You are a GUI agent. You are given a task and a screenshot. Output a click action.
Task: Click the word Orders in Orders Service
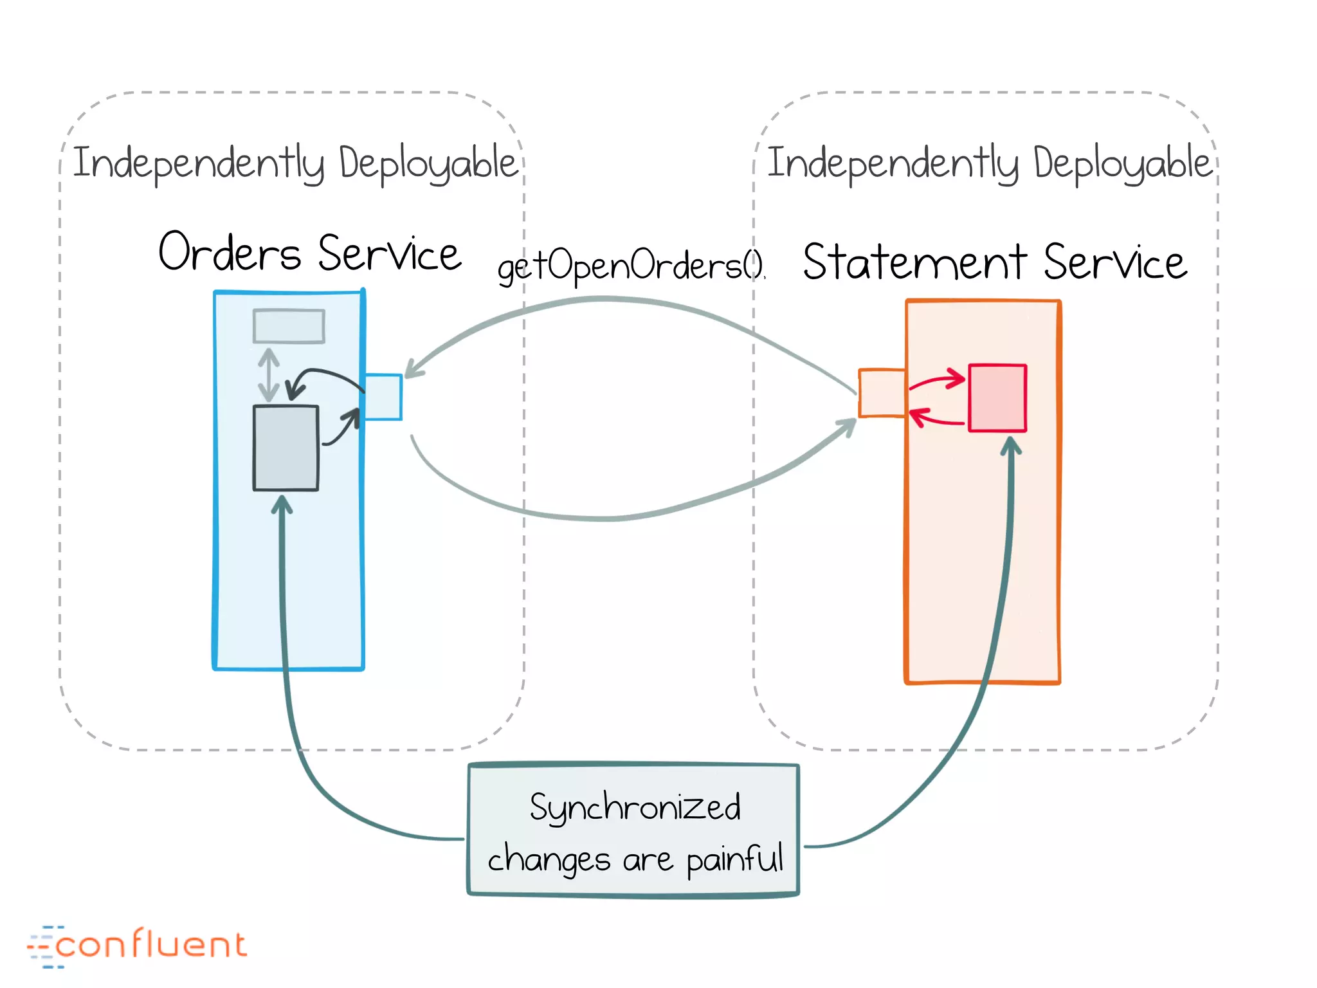point(229,253)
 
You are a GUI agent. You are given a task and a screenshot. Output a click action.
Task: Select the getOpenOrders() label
point(631,266)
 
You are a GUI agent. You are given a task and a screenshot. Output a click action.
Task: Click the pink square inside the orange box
point(997,398)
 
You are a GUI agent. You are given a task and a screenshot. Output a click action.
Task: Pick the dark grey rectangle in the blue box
point(286,448)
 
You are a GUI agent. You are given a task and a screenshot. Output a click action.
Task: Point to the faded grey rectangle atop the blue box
point(289,326)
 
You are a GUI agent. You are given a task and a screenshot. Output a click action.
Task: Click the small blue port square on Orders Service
point(383,397)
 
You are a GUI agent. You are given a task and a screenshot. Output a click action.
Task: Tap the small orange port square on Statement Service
point(882,393)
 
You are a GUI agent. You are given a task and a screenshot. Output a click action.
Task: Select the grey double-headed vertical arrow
point(269,375)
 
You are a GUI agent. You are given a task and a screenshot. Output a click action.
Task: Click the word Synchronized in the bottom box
point(635,807)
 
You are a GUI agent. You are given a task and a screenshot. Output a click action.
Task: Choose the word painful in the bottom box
point(734,859)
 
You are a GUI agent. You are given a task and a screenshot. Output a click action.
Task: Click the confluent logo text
point(150,945)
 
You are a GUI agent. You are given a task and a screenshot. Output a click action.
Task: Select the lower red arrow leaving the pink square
point(936,420)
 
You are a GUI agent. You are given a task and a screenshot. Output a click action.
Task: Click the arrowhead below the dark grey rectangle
point(282,505)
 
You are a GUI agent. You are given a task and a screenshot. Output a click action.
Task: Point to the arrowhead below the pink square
point(1011,445)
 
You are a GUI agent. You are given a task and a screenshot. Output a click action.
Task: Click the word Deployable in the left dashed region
point(428,163)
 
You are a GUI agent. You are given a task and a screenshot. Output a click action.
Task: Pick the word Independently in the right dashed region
point(893,163)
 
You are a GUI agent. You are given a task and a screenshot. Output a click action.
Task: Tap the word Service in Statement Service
point(1114,262)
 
